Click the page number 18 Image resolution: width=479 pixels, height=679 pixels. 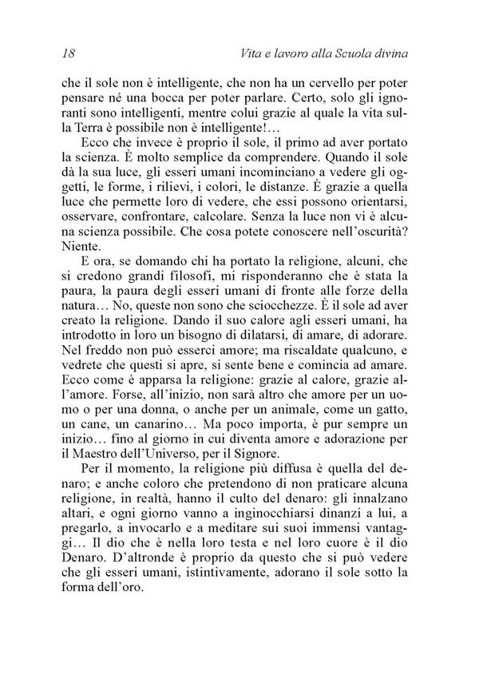[x=67, y=54]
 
